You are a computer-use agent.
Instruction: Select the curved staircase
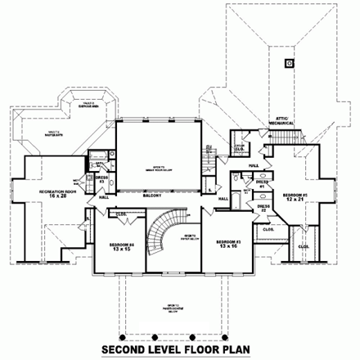point(160,237)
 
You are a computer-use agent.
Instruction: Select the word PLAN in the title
point(246,350)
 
